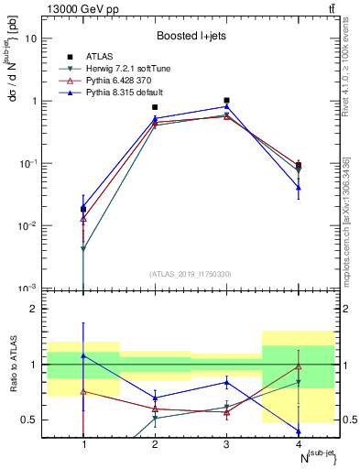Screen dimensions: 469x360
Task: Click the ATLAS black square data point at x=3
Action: [x=226, y=101]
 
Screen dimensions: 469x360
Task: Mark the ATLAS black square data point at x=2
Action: [x=155, y=107]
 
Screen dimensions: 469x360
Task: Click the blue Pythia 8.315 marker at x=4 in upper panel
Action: [x=298, y=187]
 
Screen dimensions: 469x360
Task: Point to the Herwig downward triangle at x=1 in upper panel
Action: [x=83, y=248]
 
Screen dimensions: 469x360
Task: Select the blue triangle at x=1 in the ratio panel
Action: [x=83, y=355]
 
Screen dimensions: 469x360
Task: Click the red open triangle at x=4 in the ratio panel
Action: [x=298, y=366]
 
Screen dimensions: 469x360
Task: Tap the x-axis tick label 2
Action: [x=155, y=442]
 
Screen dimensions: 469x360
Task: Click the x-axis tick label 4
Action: [x=298, y=442]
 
